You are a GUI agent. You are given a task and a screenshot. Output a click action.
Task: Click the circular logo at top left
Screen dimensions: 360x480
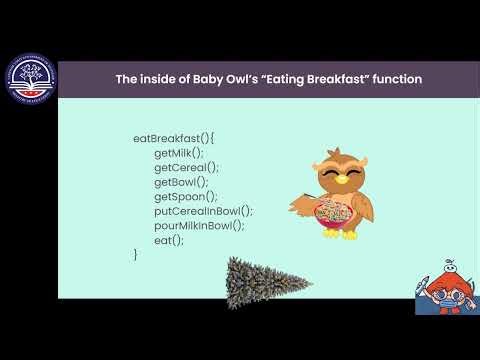(29, 75)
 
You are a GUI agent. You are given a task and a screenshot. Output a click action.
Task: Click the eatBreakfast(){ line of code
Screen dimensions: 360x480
(174, 139)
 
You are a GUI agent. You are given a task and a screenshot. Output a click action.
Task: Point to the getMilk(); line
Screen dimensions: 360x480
(179, 153)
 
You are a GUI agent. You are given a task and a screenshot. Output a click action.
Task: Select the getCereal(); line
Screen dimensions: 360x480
(186, 168)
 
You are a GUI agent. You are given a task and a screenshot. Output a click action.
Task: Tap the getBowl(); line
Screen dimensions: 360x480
(182, 182)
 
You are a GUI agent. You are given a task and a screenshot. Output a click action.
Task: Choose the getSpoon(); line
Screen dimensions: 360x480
(185, 197)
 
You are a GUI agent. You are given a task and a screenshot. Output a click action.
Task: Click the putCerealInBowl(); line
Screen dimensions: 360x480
(203, 211)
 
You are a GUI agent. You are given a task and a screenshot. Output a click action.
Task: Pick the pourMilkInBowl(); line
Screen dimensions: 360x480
(199, 226)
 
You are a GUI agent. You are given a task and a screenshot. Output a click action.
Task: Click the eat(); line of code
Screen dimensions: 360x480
(169, 240)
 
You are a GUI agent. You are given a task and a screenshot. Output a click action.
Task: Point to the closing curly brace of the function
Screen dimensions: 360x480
(136, 255)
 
